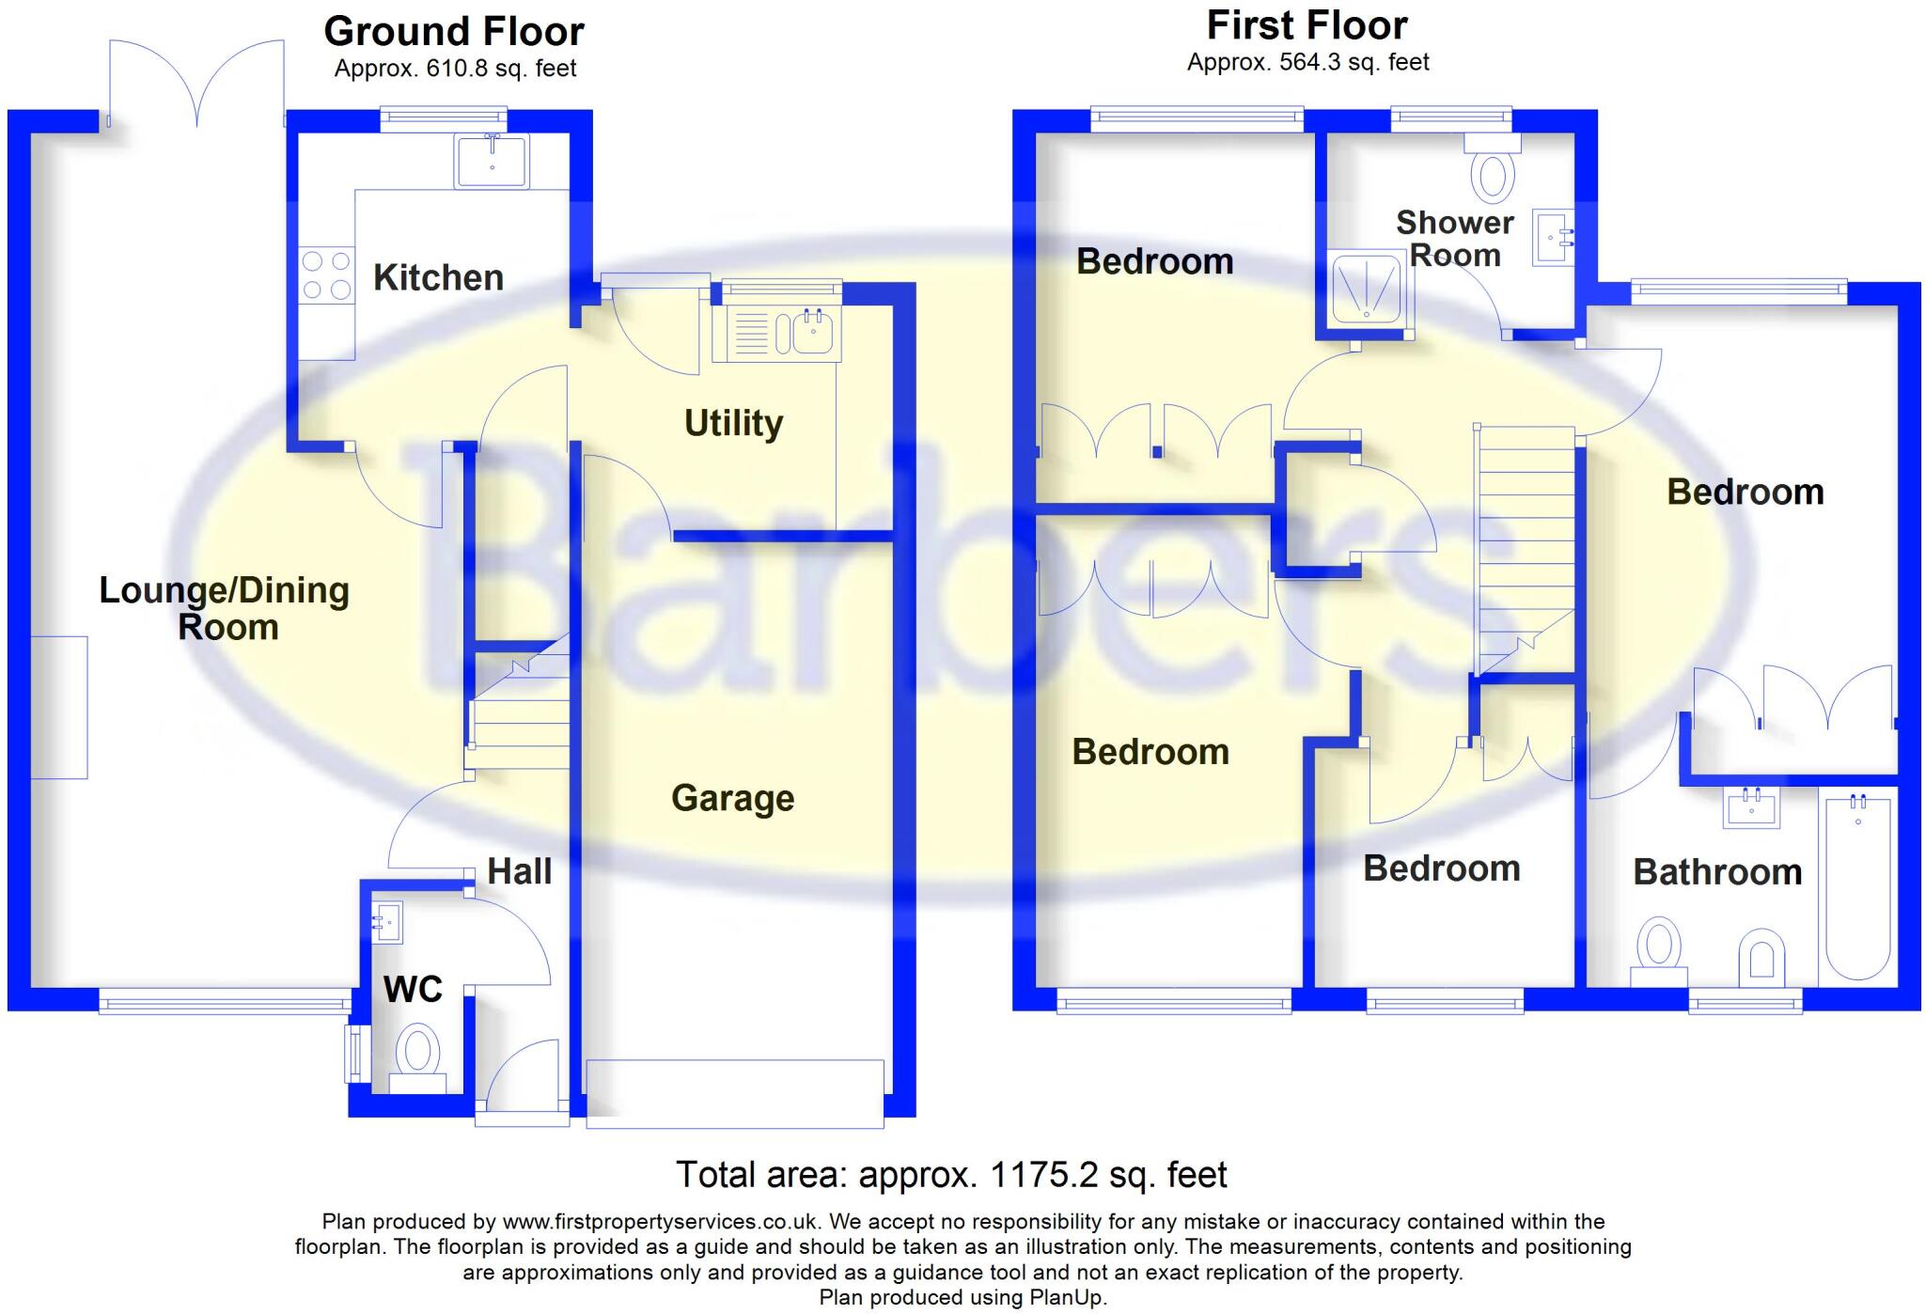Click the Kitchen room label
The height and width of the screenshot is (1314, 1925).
pos(438,278)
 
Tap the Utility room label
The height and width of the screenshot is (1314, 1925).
pos(733,423)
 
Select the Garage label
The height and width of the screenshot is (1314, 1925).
pos(732,798)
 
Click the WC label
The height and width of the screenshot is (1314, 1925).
pos(413,989)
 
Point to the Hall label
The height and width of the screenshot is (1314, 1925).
pos(519,871)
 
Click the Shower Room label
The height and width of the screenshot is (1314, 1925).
pos(1454,239)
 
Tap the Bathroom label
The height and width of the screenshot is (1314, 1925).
pos(1717,872)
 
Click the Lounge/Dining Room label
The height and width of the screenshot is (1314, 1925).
pos(225,608)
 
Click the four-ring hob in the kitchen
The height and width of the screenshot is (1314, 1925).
pos(326,275)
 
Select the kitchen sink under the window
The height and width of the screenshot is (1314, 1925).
pos(492,161)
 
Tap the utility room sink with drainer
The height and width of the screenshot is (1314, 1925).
pos(776,333)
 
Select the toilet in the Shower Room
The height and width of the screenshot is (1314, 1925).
pos(1493,170)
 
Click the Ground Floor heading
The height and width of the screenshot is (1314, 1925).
pos(454,32)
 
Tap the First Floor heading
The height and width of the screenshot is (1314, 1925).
pos(1307,26)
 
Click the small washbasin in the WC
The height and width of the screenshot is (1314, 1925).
pos(387,922)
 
